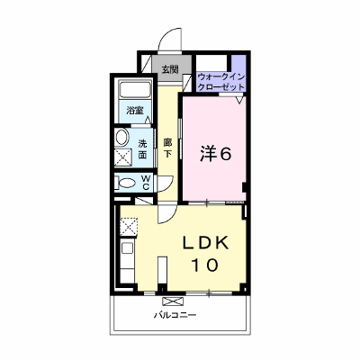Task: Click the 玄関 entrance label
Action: point(170,69)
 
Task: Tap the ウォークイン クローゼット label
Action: point(221,82)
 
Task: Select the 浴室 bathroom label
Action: point(134,111)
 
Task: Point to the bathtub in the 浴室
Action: point(135,89)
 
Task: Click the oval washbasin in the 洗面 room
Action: point(121,138)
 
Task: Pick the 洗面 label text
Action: point(142,149)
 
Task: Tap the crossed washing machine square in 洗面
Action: point(123,157)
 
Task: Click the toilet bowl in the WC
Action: point(127,183)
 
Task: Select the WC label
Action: point(146,183)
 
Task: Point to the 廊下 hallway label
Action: point(167,148)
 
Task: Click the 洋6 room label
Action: point(216,154)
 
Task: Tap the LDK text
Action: point(206,243)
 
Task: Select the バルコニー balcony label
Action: point(175,315)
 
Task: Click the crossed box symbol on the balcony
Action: point(173,301)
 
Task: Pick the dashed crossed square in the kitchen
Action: point(129,228)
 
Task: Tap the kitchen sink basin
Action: point(127,247)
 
